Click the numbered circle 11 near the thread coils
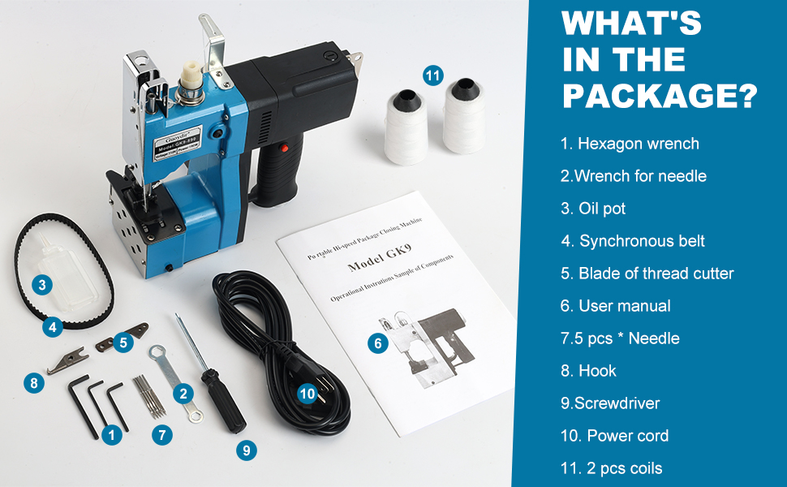click(x=433, y=75)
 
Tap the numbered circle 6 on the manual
click(x=376, y=343)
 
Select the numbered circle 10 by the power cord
click(x=307, y=394)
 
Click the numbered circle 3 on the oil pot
click(x=42, y=285)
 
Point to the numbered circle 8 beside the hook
click(x=33, y=382)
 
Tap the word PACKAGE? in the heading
click(x=660, y=96)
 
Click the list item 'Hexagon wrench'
click(x=630, y=144)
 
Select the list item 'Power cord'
click(x=614, y=436)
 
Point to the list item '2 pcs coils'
click(x=611, y=468)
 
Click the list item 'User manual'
click(x=616, y=306)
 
